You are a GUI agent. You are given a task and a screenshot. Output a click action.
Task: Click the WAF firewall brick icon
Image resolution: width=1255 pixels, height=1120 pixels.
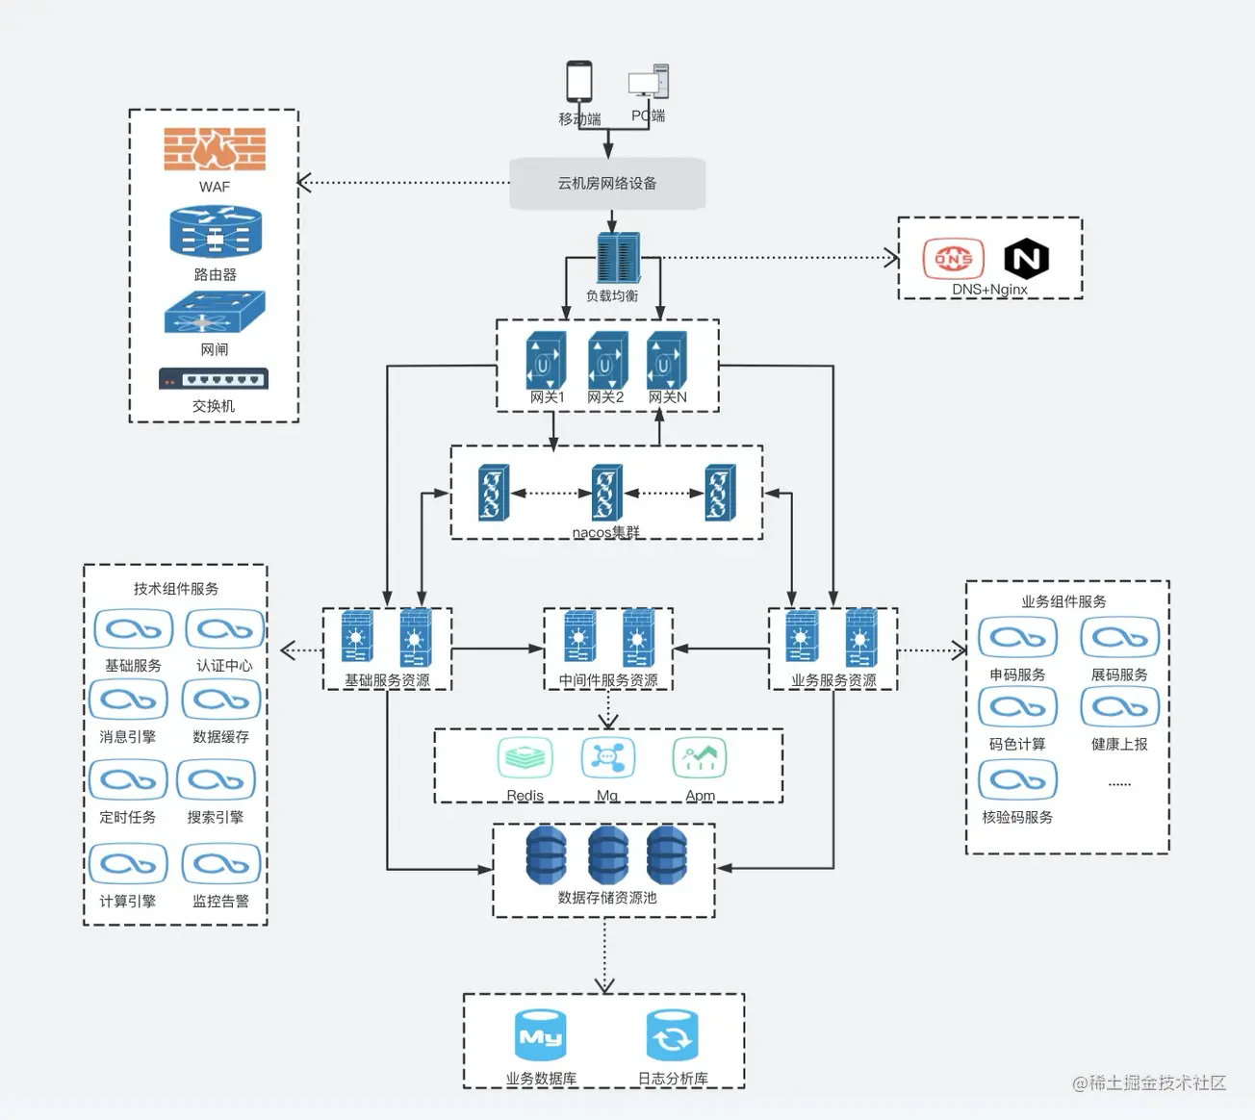coord(215,149)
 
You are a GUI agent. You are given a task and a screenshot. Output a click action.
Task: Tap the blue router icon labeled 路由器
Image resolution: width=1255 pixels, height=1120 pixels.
coord(216,232)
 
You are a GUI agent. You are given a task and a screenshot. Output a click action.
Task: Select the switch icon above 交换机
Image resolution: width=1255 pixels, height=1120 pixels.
coord(214,379)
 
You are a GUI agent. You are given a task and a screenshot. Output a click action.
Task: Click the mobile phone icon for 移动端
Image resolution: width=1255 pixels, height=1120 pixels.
coord(579,83)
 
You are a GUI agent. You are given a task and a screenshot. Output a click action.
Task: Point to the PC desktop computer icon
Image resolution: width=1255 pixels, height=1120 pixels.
coord(649,83)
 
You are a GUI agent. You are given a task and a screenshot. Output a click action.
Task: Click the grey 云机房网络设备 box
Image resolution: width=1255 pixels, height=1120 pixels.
coord(607,183)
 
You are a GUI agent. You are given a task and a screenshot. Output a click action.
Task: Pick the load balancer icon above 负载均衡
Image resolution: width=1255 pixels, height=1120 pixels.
coord(617,258)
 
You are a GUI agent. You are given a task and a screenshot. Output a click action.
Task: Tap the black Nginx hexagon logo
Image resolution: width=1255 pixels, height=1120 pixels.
coord(1026,259)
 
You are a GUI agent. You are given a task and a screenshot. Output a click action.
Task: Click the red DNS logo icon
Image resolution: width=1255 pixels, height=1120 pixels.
coord(953,259)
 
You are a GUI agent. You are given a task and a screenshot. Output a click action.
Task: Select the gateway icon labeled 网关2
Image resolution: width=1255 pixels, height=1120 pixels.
coord(607,361)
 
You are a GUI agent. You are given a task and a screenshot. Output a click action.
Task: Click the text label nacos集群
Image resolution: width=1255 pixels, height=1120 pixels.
coord(605,532)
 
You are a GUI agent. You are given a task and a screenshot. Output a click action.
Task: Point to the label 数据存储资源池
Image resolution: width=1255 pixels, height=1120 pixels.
coord(607,898)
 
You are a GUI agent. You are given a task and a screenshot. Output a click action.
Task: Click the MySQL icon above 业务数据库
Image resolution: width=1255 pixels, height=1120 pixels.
coord(540,1036)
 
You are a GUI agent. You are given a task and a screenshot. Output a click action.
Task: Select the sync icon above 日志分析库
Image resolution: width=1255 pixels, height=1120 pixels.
coord(672,1036)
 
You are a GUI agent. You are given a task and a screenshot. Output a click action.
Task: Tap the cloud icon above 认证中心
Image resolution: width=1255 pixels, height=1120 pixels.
coord(224,630)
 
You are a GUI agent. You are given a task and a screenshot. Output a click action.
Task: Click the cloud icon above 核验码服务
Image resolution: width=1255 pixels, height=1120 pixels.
coord(1017,779)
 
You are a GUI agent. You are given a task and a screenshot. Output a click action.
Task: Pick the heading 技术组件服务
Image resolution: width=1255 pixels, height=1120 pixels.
coord(176,589)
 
